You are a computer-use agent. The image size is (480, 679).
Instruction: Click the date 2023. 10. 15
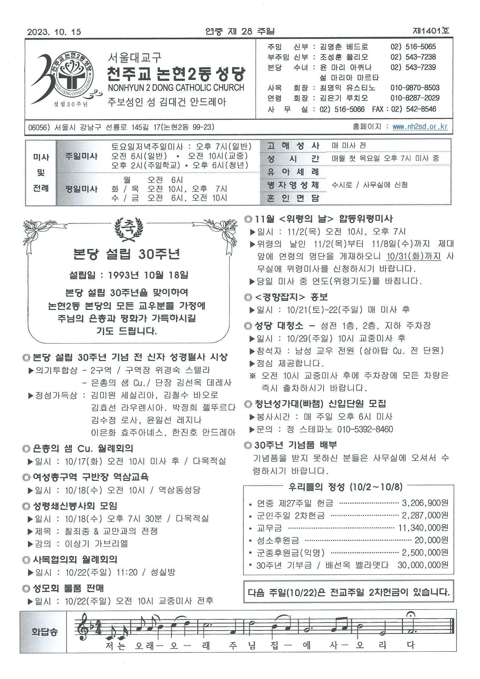coord(54,32)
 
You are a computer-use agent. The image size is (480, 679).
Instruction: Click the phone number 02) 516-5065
coord(413,47)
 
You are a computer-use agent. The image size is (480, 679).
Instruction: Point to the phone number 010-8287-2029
coord(415,98)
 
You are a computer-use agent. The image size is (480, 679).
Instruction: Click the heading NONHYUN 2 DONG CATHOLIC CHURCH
coord(176,87)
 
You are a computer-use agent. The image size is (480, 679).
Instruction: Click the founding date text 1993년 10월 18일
coord(148,275)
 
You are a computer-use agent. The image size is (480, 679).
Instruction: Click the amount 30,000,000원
coord(423,565)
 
